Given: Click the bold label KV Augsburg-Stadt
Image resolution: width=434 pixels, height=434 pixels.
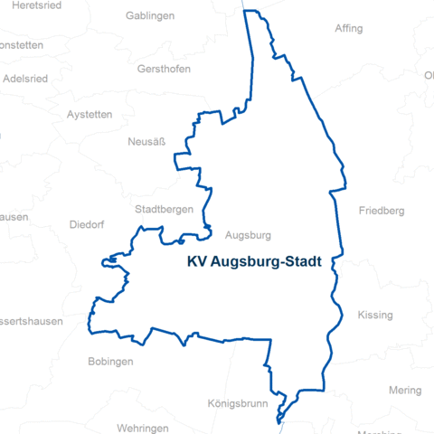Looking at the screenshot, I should point(259,261).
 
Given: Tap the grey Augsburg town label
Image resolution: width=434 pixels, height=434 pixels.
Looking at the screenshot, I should point(248,235).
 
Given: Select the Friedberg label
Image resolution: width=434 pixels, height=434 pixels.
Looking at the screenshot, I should point(381,211).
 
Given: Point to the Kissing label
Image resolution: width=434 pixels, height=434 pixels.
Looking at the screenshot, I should point(375,315).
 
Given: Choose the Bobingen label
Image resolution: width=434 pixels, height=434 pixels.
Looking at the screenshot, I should point(110,361).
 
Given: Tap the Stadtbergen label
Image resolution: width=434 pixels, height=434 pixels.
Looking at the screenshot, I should point(164,209).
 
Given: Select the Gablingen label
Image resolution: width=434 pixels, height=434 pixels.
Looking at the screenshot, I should point(150,16).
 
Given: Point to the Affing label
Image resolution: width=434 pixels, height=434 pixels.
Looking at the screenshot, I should point(348,28).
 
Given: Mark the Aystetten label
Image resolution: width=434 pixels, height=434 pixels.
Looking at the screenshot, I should point(90,115).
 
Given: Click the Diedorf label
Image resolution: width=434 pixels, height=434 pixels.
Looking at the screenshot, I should point(87,224).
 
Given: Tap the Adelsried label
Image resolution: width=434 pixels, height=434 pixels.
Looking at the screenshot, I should point(24,78).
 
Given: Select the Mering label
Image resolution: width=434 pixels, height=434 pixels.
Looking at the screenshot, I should point(404,391).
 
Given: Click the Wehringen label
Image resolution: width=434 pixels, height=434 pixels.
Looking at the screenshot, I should point(143,427).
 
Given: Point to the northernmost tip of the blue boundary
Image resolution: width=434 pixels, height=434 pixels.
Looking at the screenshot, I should point(251,11).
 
